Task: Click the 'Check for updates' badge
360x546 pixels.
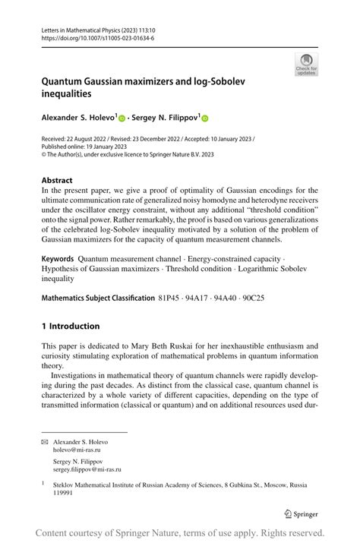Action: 305,64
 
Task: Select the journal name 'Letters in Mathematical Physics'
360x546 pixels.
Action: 83,28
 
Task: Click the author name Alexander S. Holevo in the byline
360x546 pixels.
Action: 77,118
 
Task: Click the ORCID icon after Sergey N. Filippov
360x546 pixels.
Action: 204,118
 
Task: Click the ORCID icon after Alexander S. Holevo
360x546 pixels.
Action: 122,118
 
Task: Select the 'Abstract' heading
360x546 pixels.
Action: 58,181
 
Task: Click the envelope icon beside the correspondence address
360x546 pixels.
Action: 45,442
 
